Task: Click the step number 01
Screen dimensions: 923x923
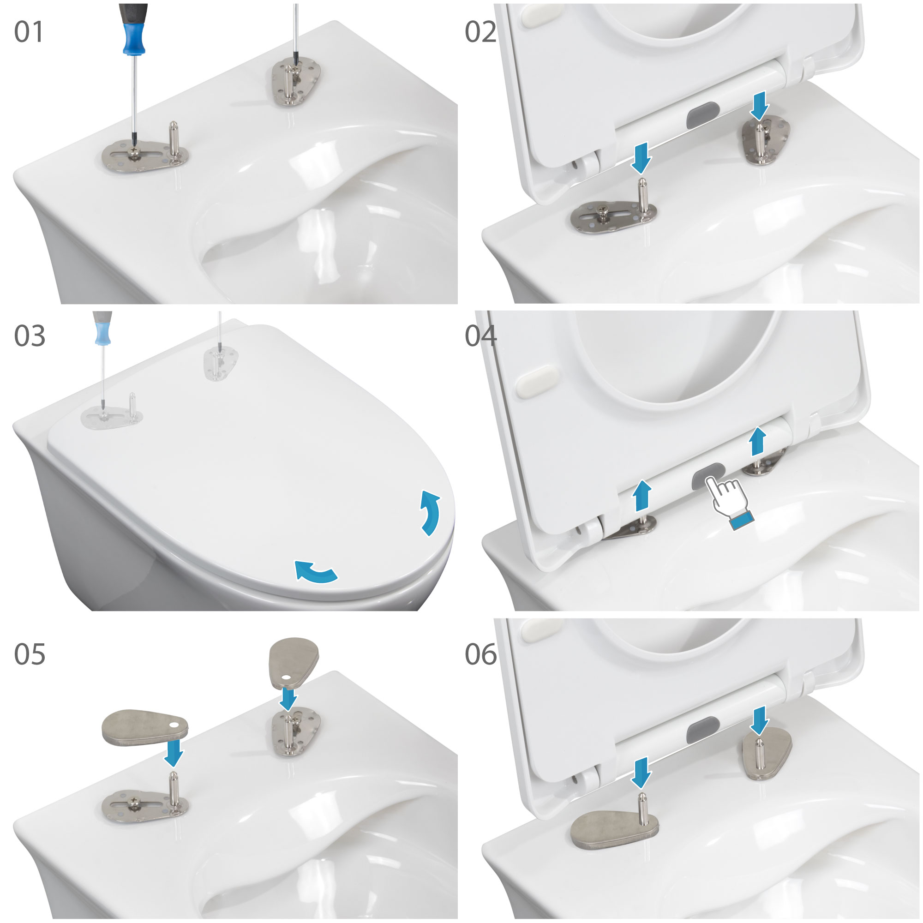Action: point(29,32)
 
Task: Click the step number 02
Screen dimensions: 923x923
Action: point(480,32)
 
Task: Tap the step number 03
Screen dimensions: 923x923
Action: point(30,336)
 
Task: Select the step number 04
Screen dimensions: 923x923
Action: point(480,336)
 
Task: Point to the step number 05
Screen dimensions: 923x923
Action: point(30,654)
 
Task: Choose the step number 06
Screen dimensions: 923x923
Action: point(480,654)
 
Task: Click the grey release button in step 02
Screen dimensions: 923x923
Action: point(703,114)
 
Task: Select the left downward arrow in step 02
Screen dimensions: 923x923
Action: point(641,158)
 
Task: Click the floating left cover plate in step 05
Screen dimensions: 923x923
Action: point(145,727)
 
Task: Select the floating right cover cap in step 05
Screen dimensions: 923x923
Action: point(294,662)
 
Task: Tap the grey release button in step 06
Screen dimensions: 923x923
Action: point(703,731)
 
